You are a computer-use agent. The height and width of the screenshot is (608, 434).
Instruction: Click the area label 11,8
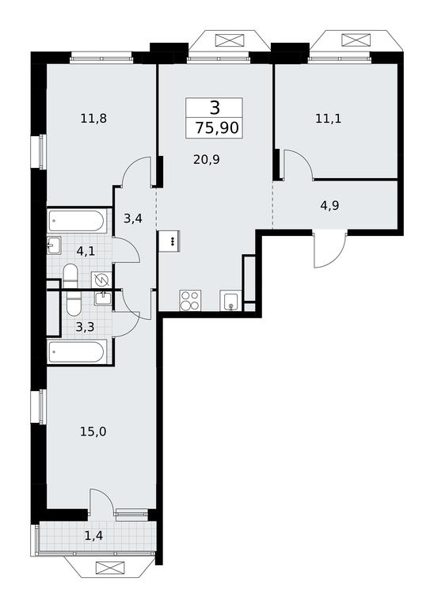[93, 118]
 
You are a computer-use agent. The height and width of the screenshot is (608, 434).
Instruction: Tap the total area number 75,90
[217, 127]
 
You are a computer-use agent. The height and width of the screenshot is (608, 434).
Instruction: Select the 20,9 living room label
[207, 159]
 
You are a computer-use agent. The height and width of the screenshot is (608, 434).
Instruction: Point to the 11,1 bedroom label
[328, 118]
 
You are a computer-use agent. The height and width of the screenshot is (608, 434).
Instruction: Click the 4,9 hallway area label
[329, 206]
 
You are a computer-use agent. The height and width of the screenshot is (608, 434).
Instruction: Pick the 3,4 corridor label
[133, 219]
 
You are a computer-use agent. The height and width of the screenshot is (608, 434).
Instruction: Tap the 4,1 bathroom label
[86, 251]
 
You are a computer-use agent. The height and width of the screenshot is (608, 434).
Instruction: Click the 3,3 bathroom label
[85, 327]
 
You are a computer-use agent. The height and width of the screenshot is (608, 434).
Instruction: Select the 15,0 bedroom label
[93, 431]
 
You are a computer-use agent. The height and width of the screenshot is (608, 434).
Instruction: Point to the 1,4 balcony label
[94, 536]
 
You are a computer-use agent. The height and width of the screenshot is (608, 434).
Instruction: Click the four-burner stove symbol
[190, 301]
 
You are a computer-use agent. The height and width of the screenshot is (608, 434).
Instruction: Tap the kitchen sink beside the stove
[230, 301]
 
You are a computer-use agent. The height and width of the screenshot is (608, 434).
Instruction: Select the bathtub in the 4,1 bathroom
[76, 222]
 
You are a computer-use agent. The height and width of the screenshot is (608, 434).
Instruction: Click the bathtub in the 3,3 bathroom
[76, 351]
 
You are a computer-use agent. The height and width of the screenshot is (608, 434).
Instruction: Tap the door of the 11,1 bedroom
[298, 165]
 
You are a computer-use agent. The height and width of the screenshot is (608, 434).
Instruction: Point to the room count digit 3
[215, 108]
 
